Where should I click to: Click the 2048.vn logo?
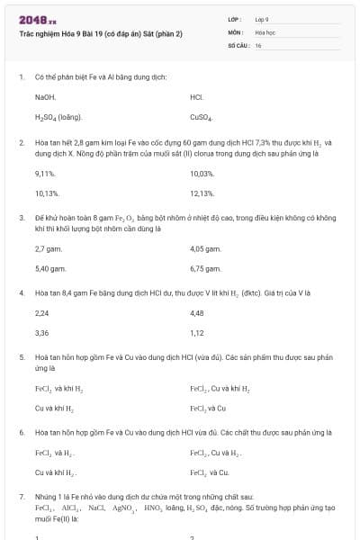coord(38,20)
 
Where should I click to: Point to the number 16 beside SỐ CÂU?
coord(258,45)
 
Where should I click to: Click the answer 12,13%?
coord(202,193)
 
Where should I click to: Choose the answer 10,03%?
coord(202,173)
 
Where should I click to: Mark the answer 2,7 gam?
coord(48,248)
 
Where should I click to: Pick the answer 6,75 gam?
coord(205,268)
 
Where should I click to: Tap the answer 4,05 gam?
coord(205,248)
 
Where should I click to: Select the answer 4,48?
coord(197,313)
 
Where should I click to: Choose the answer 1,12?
coord(197,333)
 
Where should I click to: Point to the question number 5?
coord(22,357)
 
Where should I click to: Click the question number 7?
coord(22,497)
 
